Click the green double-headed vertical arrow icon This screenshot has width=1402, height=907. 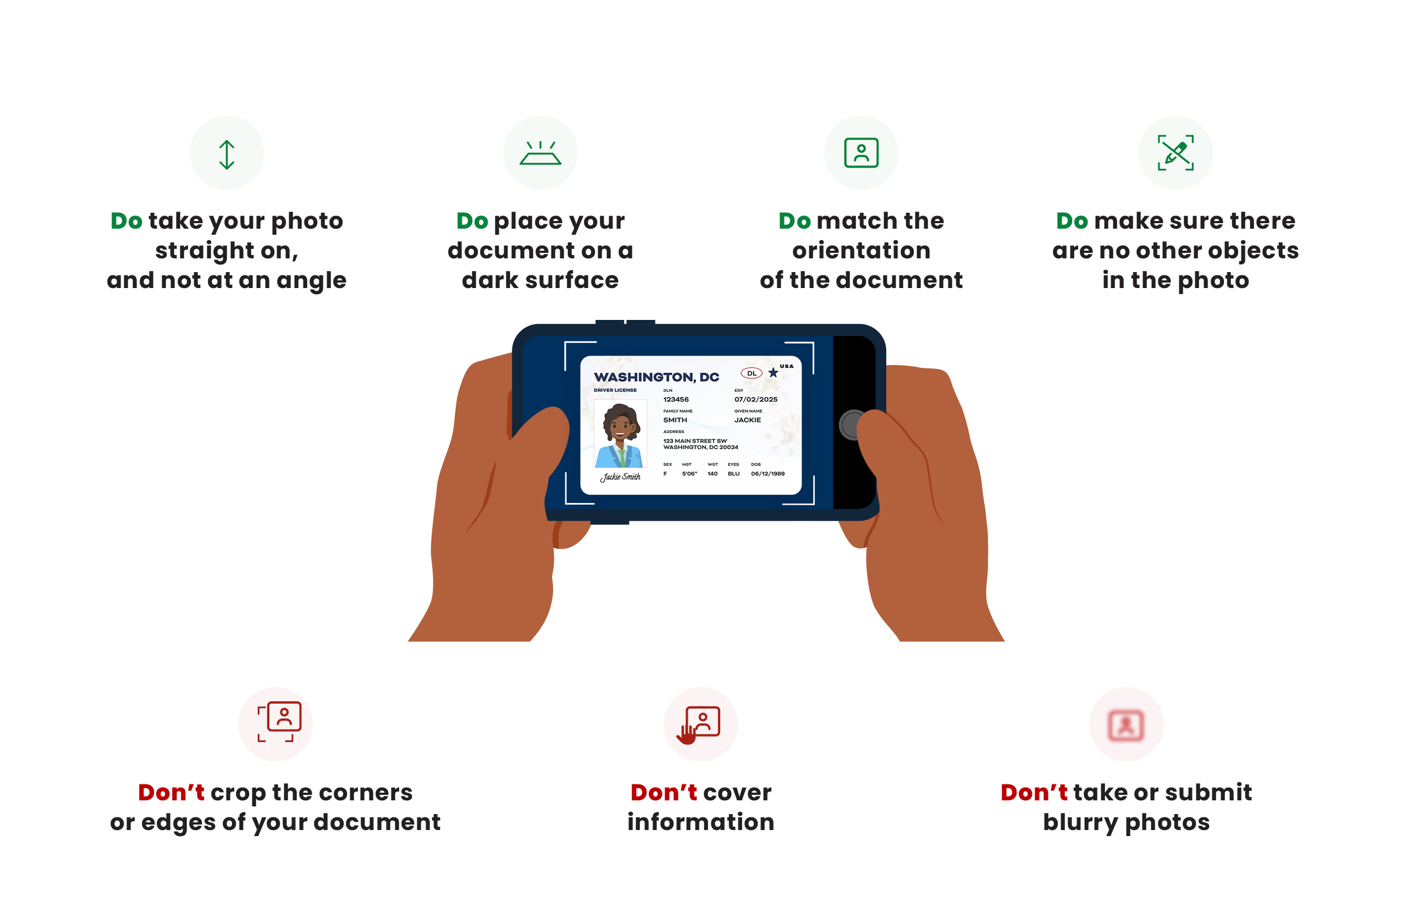point(227,155)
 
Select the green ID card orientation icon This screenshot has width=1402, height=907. point(861,153)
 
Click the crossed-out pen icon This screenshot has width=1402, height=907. point(1176,153)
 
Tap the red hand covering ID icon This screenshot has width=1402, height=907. point(699,725)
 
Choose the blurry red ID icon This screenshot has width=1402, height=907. point(1126,725)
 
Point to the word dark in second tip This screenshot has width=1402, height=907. point(490,280)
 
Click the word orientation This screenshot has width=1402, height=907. point(861,251)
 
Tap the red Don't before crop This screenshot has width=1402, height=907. point(171,793)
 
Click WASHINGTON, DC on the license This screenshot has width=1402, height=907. point(656,377)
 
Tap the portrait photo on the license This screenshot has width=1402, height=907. point(620,434)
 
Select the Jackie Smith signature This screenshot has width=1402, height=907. point(620,477)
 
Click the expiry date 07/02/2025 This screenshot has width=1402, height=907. point(756,399)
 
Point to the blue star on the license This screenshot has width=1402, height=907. point(773,373)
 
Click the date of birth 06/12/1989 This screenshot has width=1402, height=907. point(768,473)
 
